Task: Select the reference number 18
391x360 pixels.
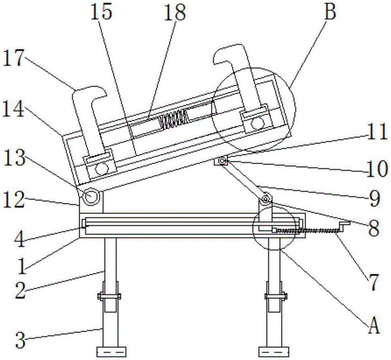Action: pos(174,13)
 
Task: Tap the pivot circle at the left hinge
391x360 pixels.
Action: pos(91,196)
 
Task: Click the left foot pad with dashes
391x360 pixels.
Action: pos(111,352)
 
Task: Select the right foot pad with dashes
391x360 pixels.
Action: pos(274,352)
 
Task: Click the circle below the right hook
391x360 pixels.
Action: pos(257,123)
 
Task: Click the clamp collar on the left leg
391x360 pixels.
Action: pos(109,296)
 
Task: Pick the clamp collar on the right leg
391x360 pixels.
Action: pos(276,296)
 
